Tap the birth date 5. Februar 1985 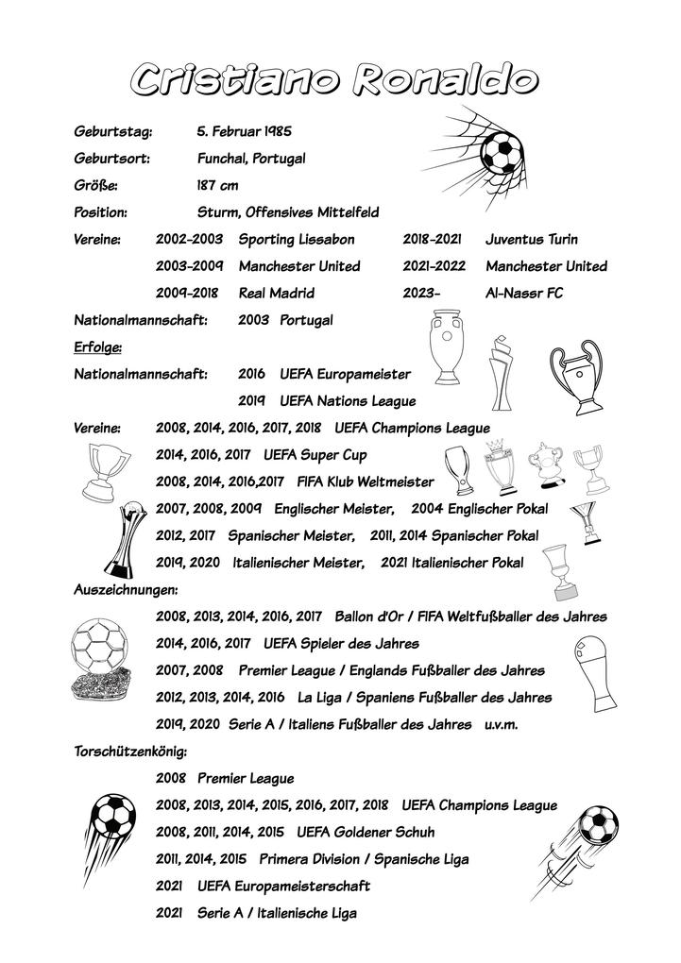click(x=244, y=131)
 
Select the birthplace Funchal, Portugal click(x=250, y=159)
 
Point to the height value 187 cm click(x=217, y=186)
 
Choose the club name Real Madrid click(x=277, y=294)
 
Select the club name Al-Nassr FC click(x=524, y=294)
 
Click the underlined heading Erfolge click(x=97, y=347)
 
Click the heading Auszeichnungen click(x=127, y=590)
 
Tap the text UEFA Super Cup click(x=315, y=456)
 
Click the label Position click(x=100, y=213)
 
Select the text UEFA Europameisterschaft click(x=283, y=887)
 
